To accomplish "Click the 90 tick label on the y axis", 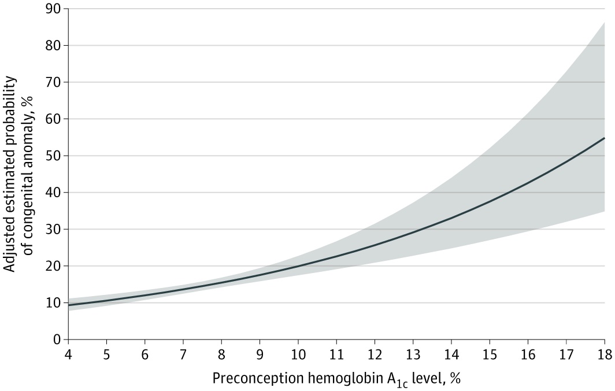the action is [54, 9].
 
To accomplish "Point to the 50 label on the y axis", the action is [54, 156].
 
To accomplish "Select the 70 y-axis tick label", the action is [54, 83].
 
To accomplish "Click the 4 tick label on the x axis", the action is [69, 355].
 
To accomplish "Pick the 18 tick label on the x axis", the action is [605, 355].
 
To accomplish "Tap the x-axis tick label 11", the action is [336, 355].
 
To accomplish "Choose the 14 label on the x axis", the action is [451, 355].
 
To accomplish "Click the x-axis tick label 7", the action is [184, 355].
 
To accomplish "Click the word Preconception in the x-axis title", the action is [257, 378].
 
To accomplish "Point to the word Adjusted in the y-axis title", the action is [10, 244].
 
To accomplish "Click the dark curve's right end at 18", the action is [605, 138].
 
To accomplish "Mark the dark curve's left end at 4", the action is [69, 305].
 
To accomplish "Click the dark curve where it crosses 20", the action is [298, 266].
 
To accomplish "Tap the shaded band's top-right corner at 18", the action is [605, 23].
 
